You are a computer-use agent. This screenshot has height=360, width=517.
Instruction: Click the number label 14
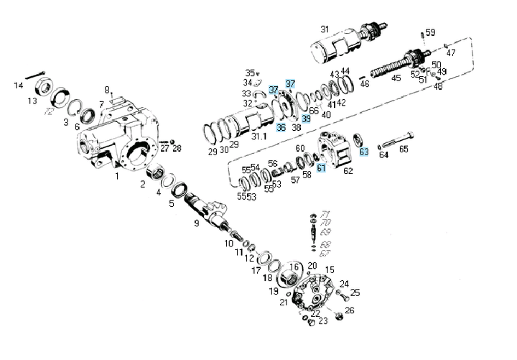19,86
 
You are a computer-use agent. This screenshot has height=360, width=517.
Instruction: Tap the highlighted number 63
364,152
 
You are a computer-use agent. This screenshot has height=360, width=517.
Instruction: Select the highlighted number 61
321,167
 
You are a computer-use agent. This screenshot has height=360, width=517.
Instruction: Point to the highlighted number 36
281,127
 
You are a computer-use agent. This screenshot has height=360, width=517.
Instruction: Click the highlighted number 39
306,119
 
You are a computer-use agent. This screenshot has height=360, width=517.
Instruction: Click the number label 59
430,32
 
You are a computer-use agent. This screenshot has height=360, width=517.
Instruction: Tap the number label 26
349,310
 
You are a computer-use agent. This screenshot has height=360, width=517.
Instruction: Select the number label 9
195,223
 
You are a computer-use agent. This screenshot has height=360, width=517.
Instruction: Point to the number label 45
396,78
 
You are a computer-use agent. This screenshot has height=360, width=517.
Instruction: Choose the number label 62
348,171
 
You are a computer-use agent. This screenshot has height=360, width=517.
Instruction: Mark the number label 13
32,101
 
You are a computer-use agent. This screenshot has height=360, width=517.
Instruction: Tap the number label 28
177,149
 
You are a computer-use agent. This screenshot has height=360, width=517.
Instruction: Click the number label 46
365,83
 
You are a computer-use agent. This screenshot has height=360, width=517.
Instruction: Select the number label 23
322,320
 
